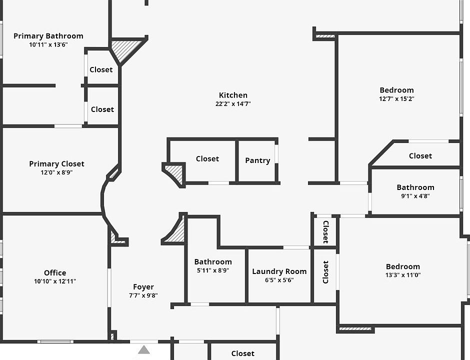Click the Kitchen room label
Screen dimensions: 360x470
(233, 95)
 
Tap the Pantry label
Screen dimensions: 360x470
(257, 160)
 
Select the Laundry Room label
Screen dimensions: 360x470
(279, 271)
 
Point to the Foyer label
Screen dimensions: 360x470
(143, 287)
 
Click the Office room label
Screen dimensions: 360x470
(55, 272)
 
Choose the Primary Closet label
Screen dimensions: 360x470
(56, 164)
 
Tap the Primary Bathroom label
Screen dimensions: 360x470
(48, 36)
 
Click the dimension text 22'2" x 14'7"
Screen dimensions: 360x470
(233, 104)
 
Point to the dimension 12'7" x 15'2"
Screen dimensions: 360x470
(397, 98)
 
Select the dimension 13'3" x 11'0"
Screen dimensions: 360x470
(403, 274)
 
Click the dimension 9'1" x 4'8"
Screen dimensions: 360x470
(415, 195)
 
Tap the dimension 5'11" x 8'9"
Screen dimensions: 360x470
(213, 270)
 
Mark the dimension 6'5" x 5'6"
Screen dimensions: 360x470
(279, 280)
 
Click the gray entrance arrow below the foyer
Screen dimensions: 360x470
(144, 350)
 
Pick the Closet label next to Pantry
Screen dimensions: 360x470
(207, 158)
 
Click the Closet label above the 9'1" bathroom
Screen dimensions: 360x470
(420, 156)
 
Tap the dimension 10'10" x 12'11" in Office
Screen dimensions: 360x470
(55, 281)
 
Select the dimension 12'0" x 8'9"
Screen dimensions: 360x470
(56, 172)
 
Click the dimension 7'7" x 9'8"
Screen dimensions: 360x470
(143, 295)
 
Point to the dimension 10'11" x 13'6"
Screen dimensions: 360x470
(48, 44)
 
